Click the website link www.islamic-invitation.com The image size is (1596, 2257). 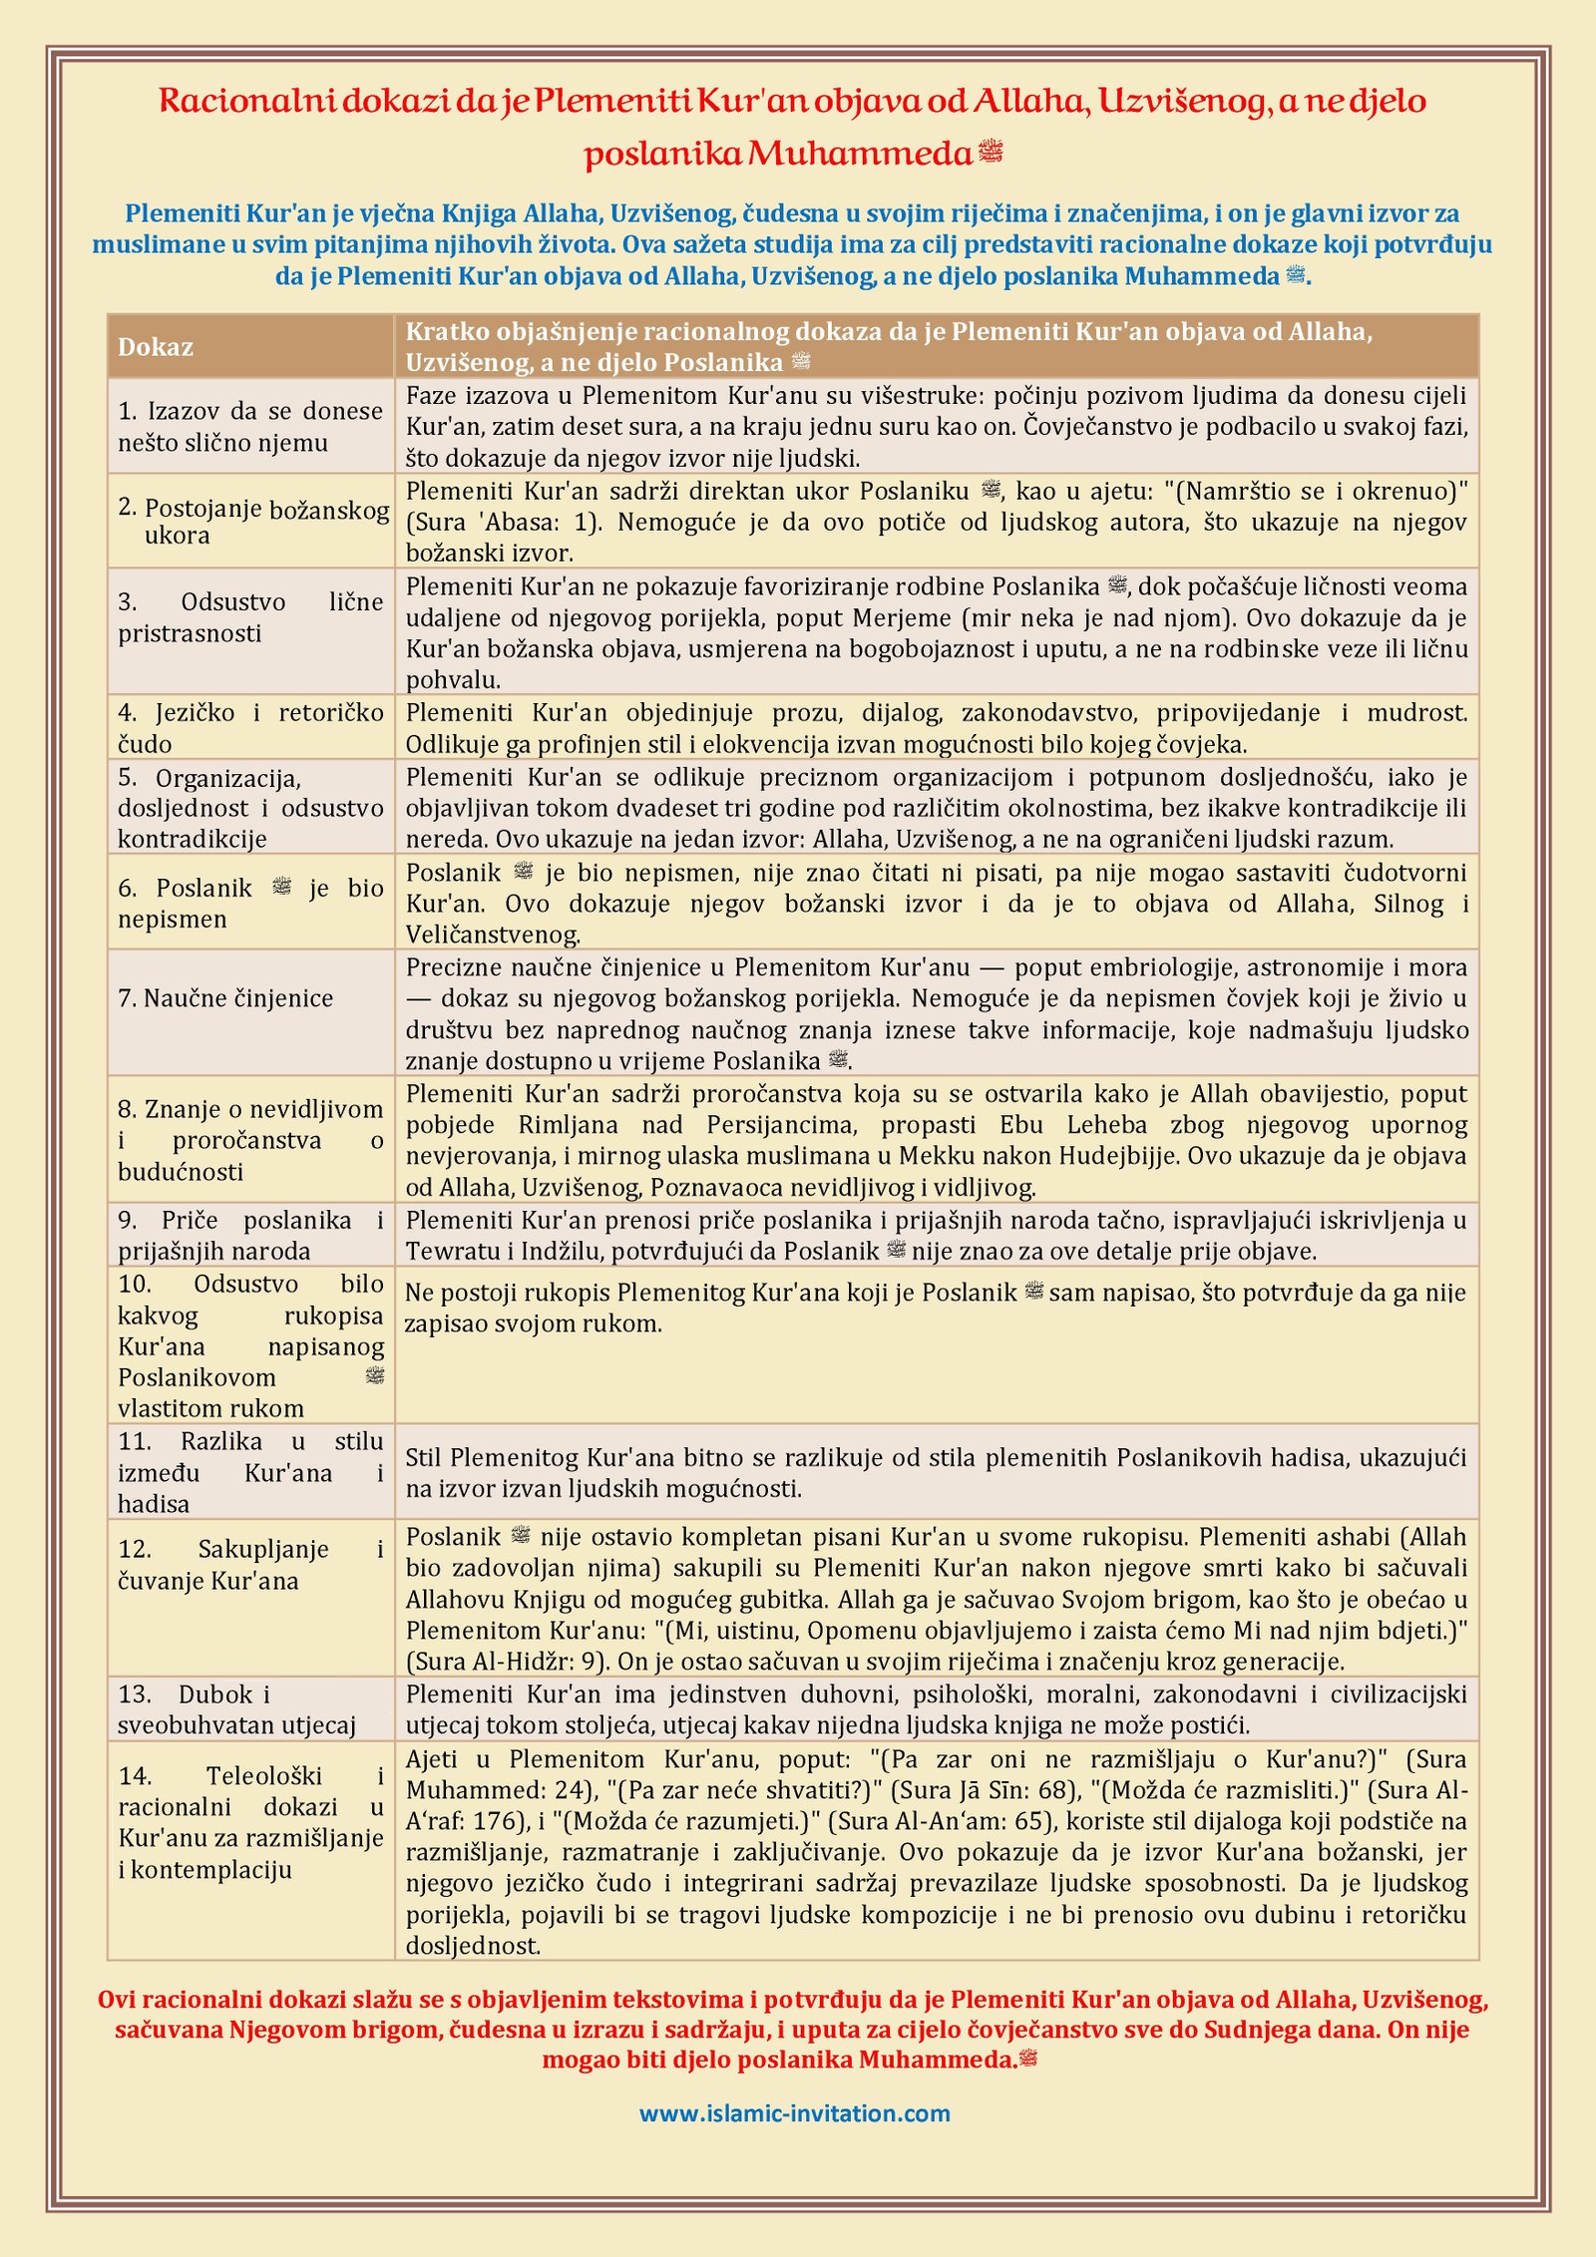[x=794, y=2112]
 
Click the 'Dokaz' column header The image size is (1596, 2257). [x=156, y=347]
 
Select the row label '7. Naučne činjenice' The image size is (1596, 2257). [x=225, y=998]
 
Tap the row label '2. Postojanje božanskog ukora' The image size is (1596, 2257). [x=252, y=522]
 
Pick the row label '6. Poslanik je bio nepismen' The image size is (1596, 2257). [x=250, y=904]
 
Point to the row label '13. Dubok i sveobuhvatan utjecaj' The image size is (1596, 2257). [x=236, y=1709]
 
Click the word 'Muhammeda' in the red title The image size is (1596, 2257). [x=860, y=154]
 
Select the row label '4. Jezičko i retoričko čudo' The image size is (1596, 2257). [x=250, y=728]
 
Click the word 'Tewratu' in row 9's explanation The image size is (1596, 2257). [x=453, y=1251]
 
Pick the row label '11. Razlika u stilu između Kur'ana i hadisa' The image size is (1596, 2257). [x=250, y=1472]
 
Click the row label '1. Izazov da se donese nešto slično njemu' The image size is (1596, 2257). [x=250, y=426]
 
